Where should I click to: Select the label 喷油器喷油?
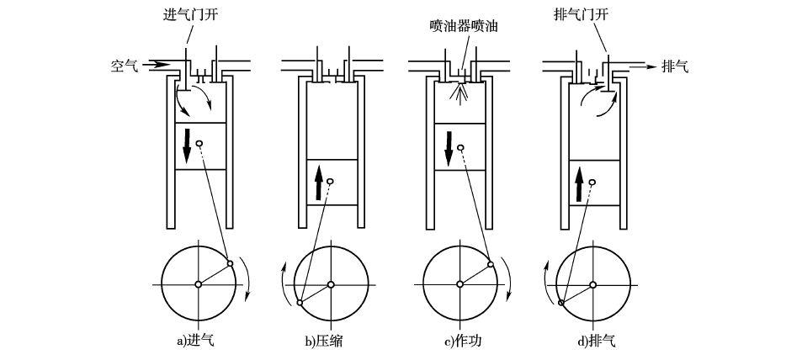[x=465, y=27]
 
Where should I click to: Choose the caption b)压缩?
[x=324, y=341]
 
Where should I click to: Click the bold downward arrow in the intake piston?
[x=187, y=146]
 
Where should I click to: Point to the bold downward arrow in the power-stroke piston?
[x=449, y=149]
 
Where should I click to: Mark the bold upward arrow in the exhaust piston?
[x=580, y=184]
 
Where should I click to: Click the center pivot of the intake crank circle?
[x=199, y=284]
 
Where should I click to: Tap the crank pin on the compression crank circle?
[x=300, y=303]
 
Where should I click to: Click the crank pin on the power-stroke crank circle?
[x=491, y=264]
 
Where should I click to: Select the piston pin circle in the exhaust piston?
[x=592, y=182]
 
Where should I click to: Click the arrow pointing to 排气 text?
[x=642, y=66]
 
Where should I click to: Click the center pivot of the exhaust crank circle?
[x=592, y=284]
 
